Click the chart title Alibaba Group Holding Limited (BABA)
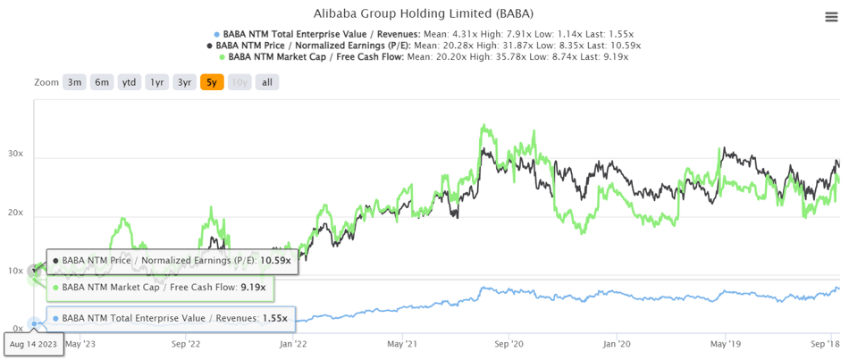pos(424,14)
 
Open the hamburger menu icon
pos(831,17)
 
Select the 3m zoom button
pos(74,82)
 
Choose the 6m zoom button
pos(102,82)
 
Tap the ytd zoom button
pos(130,82)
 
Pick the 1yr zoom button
pos(157,82)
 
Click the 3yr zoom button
pos(184,82)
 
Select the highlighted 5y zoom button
pos(212,82)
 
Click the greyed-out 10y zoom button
pos(240,82)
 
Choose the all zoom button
pos(266,82)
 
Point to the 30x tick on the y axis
pos(15,155)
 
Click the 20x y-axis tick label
pos(15,213)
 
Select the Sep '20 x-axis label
pos(509,343)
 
